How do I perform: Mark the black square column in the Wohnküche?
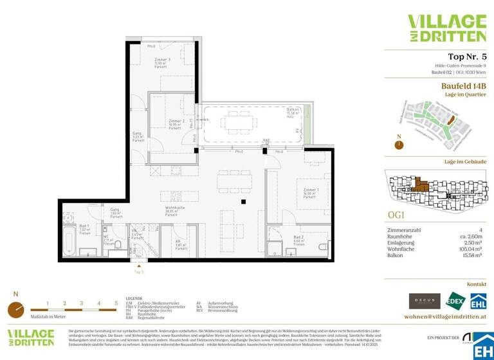243,203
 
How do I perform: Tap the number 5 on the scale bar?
116,302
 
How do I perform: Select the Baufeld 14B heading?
463,85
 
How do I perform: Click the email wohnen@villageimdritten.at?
444,316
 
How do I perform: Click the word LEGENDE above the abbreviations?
134,299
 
